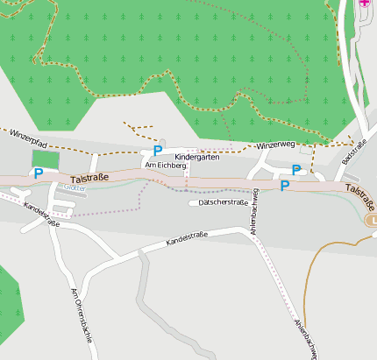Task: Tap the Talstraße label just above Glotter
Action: tap(89, 178)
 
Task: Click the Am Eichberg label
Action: tap(165, 165)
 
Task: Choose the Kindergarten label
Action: tap(196, 156)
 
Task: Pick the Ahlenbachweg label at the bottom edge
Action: tap(306, 338)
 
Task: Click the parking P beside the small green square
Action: tap(38, 173)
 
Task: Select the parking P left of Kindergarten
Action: tap(158, 151)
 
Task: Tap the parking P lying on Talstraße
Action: tap(284, 186)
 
